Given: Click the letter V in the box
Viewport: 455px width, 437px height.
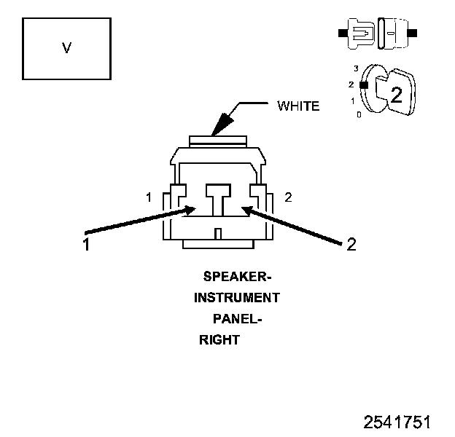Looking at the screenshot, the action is click(x=66, y=48).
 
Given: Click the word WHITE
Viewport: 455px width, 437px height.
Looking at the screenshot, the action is click(x=297, y=106).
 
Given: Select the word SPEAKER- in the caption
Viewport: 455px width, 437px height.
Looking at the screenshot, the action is click(x=237, y=277).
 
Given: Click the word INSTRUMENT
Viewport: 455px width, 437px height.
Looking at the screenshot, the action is click(x=236, y=298).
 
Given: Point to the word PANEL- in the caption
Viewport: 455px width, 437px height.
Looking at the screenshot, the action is click(x=236, y=319).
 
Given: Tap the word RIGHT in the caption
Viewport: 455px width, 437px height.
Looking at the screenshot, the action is click(x=219, y=339).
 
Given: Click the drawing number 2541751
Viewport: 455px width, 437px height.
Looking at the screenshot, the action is click(x=398, y=422).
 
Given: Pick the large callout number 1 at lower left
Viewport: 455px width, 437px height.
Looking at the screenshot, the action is click(x=86, y=245).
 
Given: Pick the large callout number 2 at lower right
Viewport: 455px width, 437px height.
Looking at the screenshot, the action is click(x=351, y=245).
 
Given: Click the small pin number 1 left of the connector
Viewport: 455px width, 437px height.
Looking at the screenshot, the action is click(x=149, y=197).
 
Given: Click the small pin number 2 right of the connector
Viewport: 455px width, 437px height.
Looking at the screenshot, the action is click(x=288, y=197).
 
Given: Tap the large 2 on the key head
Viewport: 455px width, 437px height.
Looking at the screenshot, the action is click(x=396, y=94).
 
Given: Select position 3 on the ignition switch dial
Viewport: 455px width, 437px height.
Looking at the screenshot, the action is click(x=356, y=68).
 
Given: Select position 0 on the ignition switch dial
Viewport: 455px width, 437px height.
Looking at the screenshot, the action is click(x=358, y=115).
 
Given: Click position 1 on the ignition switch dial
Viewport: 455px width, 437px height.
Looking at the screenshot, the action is click(x=353, y=101).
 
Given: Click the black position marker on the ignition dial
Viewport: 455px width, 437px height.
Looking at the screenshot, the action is click(x=363, y=84).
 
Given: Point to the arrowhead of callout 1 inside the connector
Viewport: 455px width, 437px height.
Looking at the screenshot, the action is click(x=190, y=210).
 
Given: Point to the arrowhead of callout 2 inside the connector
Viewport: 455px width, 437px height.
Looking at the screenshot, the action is click(x=246, y=210).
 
